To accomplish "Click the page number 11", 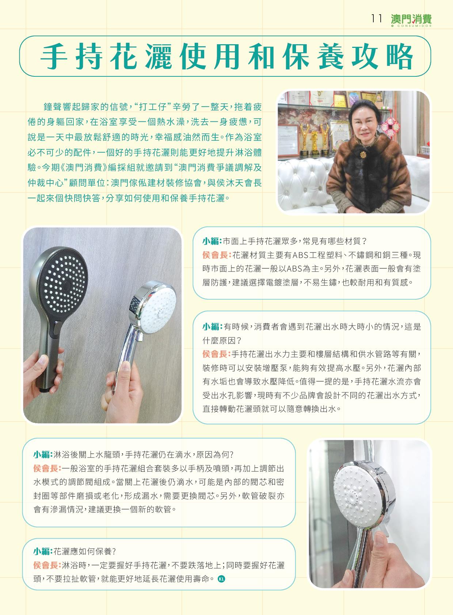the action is [376, 19].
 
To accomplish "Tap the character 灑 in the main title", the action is [159, 56].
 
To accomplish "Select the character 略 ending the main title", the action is [399, 56].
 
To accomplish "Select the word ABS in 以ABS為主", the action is [294, 269].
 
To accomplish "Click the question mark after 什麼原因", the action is [239, 341].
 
